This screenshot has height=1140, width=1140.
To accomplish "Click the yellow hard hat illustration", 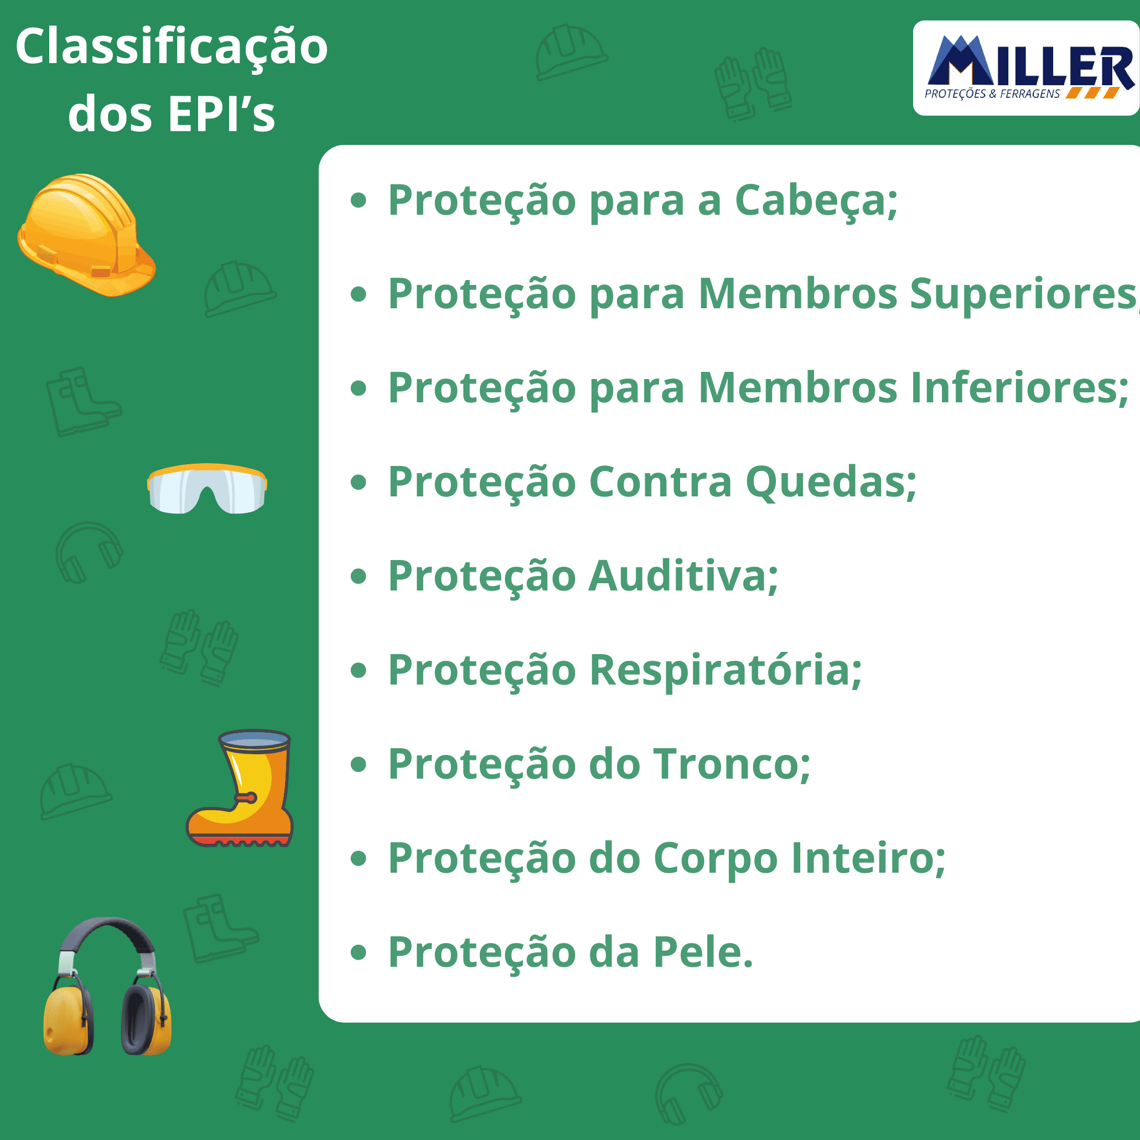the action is tap(87, 235).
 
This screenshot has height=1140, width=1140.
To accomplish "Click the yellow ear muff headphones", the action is tap(107, 986).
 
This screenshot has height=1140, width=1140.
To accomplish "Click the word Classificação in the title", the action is tap(171, 47).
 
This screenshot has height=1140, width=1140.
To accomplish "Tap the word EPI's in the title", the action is tap(222, 113).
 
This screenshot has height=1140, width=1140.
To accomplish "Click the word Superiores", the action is tap(1024, 293).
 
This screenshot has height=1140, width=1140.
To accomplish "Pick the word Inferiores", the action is tap(1019, 388).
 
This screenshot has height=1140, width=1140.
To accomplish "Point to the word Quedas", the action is tap(831, 482).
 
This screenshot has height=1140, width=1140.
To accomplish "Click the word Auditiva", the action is tap(683, 576).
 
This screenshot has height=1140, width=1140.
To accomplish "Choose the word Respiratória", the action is tap(726, 671).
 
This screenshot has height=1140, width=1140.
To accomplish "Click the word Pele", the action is tap(703, 952).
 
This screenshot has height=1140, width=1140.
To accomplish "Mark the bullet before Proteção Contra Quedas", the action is tap(358, 483).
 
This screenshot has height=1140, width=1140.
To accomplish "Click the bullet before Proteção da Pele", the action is tap(358, 952).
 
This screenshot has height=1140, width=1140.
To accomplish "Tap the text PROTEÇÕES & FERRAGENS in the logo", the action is tap(992, 94).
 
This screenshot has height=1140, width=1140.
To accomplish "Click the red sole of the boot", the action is tap(239, 840).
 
